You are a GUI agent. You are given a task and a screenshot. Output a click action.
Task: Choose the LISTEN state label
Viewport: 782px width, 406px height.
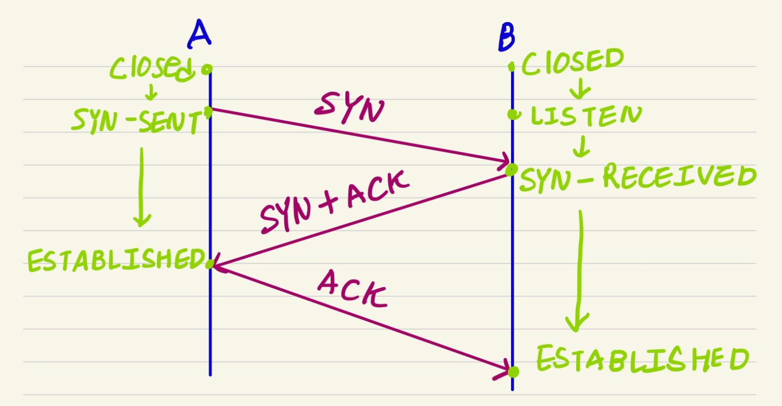(x=585, y=115)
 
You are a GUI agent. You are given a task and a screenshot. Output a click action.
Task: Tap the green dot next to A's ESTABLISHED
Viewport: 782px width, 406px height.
(x=209, y=265)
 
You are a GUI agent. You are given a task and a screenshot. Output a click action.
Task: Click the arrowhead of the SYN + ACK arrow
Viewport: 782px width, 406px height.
(x=216, y=265)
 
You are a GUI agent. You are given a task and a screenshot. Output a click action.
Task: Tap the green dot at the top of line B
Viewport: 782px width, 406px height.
(x=512, y=66)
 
